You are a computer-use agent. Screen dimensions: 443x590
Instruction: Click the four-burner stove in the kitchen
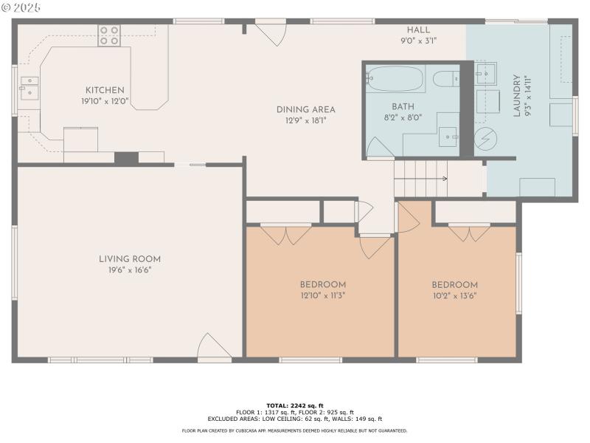pyautogui.click(x=109, y=35)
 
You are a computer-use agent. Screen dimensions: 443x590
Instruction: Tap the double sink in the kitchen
pyautogui.click(x=29, y=87)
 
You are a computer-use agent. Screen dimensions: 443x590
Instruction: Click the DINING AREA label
pyautogui.click(x=301, y=109)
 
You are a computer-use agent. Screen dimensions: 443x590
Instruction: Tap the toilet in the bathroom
pyautogui.click(x=445, y=79)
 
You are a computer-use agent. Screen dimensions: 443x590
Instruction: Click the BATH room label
pyautogui.click(x=403, y=106)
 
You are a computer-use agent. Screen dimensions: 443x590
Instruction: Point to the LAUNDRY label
pyautogui.click(x=517, y=95)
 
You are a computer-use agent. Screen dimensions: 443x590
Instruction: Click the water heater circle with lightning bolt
pyautogui.click(x=485, y=138)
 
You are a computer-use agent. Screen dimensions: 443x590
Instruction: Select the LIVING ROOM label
pyautogui.click(x=130, y=259)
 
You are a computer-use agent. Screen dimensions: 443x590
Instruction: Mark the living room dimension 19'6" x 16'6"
pyautogui.click(x=130, y=269)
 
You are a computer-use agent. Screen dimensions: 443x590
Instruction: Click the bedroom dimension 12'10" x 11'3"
pyautogui.click(x=322, y=295)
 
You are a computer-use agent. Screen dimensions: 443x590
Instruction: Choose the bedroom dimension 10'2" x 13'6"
pyautogui.click(x=454, y=295)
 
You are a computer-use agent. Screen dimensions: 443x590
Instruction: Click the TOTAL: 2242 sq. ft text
pyautogui.click(x=295, y=405)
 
